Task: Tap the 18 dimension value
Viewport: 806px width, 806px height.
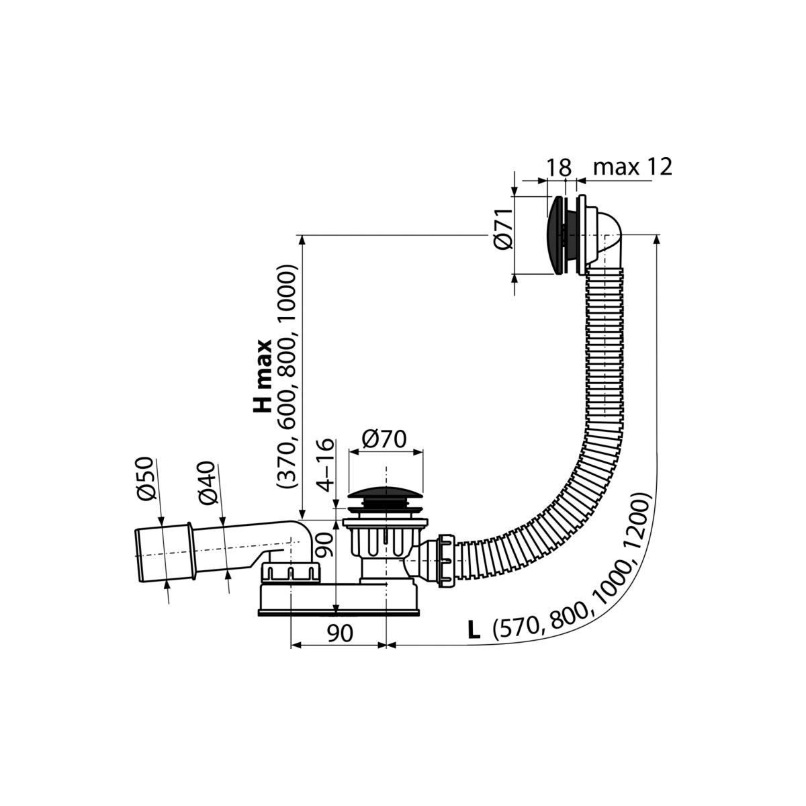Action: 558,168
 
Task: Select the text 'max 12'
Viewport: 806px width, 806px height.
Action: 633,167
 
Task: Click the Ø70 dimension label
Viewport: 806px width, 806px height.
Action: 384,439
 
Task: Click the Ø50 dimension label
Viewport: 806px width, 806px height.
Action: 146,478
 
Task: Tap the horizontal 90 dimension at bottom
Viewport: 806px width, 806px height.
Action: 340,633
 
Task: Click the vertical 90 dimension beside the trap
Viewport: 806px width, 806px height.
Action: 325,545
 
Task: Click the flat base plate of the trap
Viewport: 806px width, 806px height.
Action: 339,613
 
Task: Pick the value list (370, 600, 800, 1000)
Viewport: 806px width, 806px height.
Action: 287,376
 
